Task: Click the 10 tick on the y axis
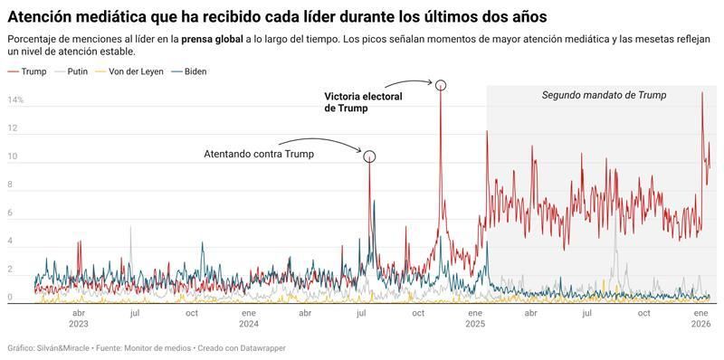click(13, 156)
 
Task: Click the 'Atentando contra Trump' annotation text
click(258, 154)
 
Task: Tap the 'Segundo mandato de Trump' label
click(604, 95)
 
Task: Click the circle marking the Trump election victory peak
click(441, 85)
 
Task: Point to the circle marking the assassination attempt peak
click(369, 156)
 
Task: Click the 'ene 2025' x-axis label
click(474, 317)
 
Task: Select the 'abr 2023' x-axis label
click(78, 317)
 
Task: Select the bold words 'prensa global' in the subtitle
click(211, 40)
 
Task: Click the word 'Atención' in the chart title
click(39, 17)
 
